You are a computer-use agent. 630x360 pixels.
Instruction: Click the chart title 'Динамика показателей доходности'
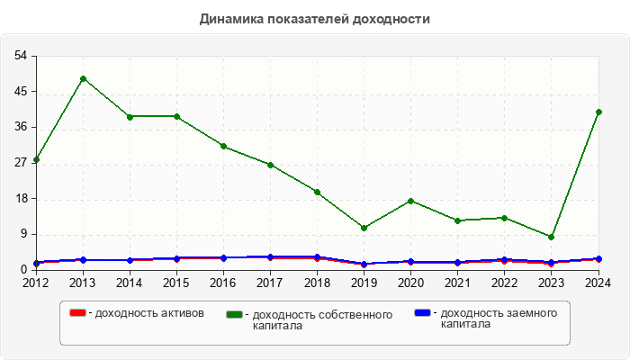(x=315, y=19)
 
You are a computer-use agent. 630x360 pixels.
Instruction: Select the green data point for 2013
(x=83, y=78)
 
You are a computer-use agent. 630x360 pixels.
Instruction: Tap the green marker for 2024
(x=598, y=112)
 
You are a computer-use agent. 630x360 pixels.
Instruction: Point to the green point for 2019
(x=364, y=228)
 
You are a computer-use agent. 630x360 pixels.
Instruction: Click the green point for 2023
(x=551, y=237)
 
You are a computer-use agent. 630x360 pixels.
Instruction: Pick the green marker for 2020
(x=410, y=201)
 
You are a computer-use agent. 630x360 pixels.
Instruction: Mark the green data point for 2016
(x=223, y=146)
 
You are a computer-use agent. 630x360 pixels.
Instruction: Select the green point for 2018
(x=317, y=192)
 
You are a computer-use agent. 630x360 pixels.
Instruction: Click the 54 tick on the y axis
(x=20, y=56)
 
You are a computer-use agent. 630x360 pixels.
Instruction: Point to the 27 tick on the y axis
(x=20, y=163)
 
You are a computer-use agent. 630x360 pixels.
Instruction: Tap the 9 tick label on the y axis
(x=23, y=234)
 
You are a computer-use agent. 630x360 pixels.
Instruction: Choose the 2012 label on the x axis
(x=36, y=283)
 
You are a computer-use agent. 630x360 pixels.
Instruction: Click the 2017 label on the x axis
(x=270, y=283)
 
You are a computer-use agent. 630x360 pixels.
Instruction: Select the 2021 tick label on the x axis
(x=457, y=283)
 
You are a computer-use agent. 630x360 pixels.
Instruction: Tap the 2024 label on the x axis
(x=598, y=283)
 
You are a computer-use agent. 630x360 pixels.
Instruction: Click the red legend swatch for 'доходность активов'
(x=77, y=313)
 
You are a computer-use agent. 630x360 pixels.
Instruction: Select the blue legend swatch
(x=421, y=313)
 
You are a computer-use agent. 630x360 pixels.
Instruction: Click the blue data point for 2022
(x=504, y=260)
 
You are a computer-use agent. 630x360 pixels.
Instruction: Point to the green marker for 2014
(x=130, y=116)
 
